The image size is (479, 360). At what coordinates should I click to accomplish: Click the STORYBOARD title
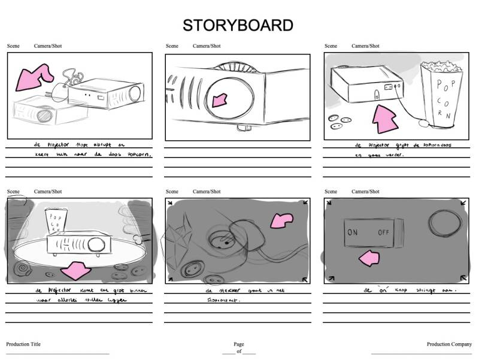click(238, 25)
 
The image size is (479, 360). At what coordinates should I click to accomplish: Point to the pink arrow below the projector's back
click(386, 119)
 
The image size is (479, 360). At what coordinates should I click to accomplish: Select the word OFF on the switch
click(384, 232)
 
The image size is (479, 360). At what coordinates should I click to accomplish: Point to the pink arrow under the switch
click(369, 258)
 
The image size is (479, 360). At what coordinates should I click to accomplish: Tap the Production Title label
click(23, 344)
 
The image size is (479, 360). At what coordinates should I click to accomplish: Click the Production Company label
click(449, 344)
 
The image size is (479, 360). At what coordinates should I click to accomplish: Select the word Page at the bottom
click(239, 344)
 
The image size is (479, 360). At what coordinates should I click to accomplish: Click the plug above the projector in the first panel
click(57, 90)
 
